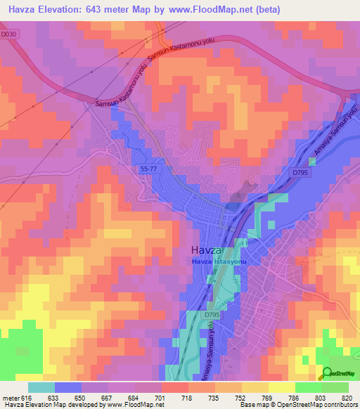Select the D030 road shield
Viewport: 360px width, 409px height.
coord(8,33)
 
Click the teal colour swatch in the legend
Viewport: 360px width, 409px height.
coord(41,387)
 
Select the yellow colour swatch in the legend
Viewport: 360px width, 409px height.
coord(281,387)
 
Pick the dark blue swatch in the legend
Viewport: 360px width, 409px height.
coord(68,387)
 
